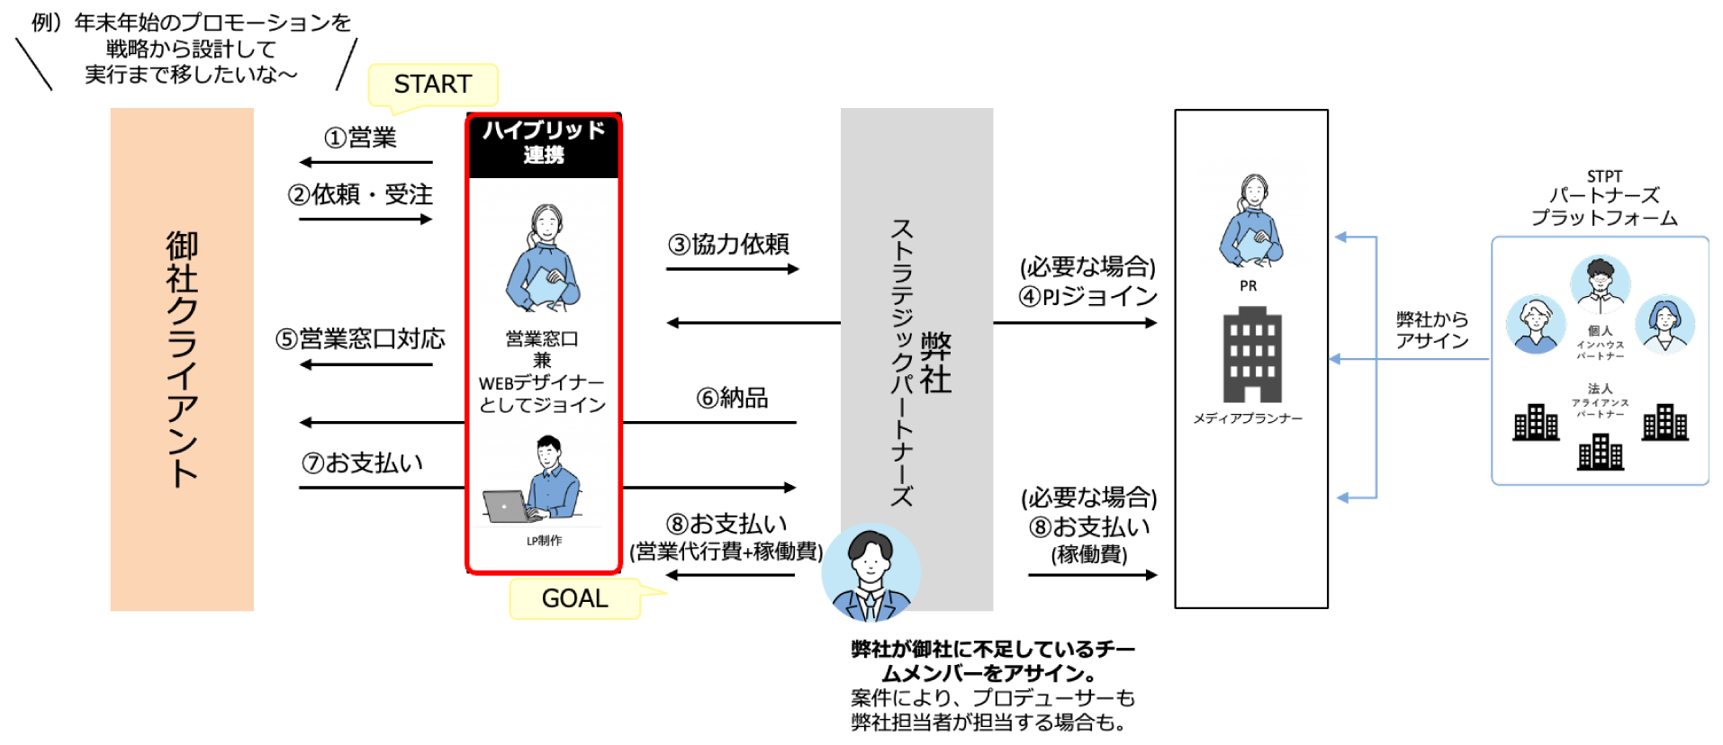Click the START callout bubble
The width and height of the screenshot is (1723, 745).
click(433, 85)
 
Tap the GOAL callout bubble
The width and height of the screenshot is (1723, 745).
click(575, 598)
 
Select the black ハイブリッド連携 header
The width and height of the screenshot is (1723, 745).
click(544, 143)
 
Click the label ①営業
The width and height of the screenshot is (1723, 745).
click(360, 138)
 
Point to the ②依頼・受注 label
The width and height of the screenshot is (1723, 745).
click(360, 194)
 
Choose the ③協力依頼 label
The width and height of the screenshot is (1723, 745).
click(728, 244)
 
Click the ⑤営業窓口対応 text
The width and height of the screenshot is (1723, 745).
click(360, 338)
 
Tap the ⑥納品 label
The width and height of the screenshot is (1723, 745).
click(732, 398)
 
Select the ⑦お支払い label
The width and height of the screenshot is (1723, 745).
click(362, 462)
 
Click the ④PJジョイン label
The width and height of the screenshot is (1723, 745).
click(1087, 296)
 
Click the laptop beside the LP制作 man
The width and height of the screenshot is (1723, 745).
click(507, 507)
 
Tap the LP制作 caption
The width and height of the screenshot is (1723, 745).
click(544, 541)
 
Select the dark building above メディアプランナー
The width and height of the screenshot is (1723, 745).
click(1251, 355)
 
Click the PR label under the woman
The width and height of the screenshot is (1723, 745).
click(1248, 286)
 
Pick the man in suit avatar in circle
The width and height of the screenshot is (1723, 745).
click(871, 574)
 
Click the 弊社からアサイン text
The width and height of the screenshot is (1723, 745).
click(1431, 330)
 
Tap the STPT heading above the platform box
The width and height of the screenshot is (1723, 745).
click(1604, 176)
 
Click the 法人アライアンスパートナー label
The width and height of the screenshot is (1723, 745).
click(1600, 400)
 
